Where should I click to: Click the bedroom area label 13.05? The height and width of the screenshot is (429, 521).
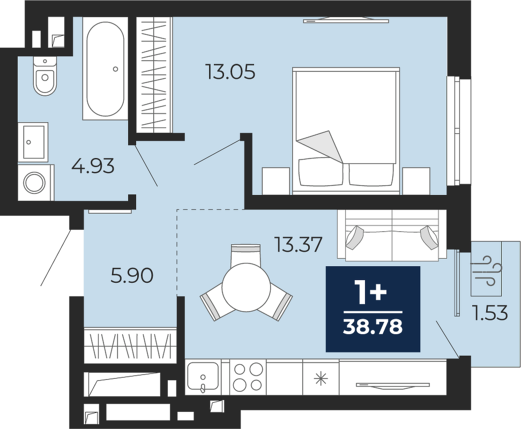pyautogui.click(x=230, y=72)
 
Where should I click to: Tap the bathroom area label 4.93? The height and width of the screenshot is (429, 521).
pyautogui.click(x=93, y=166)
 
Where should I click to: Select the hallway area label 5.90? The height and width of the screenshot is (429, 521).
pyautogui.click(x=132, y=276)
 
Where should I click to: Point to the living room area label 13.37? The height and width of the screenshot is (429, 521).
pyautogui.click(x=298, y=244)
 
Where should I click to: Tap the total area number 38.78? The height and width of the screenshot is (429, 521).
pyautogui.click(x=373, y=327)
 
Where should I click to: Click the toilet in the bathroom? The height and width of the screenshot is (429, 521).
pyautogui.click(x=45, y=76)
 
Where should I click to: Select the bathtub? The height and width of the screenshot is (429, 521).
pyautogui.click(x=106, y=69)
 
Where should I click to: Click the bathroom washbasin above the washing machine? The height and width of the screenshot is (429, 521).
pyautogui.click(x=33, y=142)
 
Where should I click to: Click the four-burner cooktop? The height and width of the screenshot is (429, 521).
pyautogui.click(x=248, y=377)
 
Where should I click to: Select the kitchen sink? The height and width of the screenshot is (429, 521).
pyautogui.click(x=203, y=377)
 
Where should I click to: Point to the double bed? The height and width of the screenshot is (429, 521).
pyautogui.click(x=346, y=131)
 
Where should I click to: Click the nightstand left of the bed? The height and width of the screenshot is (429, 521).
pyautogui.click(x=276, y=181)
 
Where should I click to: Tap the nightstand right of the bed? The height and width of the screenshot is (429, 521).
pyautogui.click(x=416, y=181)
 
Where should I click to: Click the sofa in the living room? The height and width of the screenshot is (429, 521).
pyautogui.click(x=392, y=235)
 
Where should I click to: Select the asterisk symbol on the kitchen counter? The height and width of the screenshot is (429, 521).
pyautogui.click(x=321, y=379)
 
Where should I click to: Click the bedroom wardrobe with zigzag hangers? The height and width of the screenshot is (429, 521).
pyautogui.click(x=154, y=74)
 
